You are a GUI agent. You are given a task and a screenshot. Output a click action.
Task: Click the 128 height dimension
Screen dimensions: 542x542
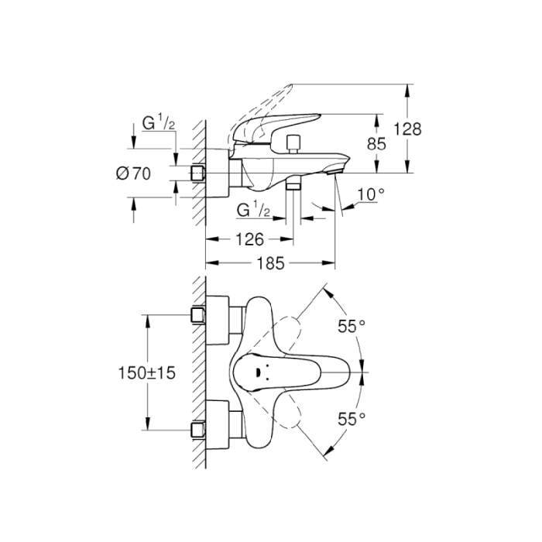click(x=407, y=129)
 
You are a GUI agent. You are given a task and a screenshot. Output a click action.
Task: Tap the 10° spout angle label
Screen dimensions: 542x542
click(x=370, y=195)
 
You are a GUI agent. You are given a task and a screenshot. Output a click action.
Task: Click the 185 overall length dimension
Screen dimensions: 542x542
click(x=269, y=262)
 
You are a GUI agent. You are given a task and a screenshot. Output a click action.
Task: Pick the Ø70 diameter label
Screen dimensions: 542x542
click(x=132, y=173)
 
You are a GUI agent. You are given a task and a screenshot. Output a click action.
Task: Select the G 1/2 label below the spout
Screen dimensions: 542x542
click(x=253, y=210)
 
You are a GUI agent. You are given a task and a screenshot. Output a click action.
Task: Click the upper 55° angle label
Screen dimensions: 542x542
click(x=351, y=327)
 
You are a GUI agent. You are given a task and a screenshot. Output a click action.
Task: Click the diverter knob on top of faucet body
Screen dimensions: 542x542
click(x=293, y=144)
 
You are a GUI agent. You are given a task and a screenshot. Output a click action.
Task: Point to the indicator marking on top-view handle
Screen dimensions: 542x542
click(x=253, y=373)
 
